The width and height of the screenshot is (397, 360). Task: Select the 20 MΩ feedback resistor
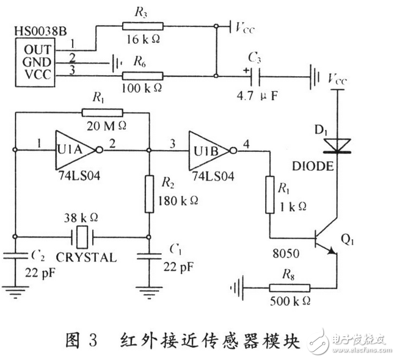pos(102,112)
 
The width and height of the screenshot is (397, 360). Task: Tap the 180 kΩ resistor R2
pos(148,193)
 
